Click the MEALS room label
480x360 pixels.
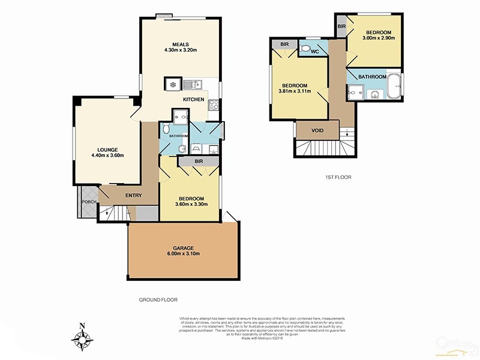pos(181,44)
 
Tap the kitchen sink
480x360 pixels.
pos(193,85)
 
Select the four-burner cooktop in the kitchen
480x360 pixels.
pos(213,106)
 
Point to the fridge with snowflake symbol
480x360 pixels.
pos(173,84)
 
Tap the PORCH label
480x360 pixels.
pos(89,202)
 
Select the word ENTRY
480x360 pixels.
pos(133,196)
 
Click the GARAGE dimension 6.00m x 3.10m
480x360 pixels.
pos(183,254)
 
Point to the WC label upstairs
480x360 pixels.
pos(314,52)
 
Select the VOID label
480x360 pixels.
pos(318,130)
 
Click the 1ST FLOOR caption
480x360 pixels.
pos(338,178)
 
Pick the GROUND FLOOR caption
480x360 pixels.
pos(158,299)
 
